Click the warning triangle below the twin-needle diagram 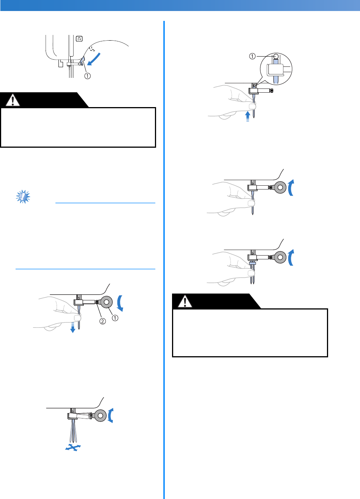click(185, 302)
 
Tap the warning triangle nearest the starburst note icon click(14, 100)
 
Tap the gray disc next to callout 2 click(106, 302)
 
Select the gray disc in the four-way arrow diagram click(100, 416)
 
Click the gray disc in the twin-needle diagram click(280, 257)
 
